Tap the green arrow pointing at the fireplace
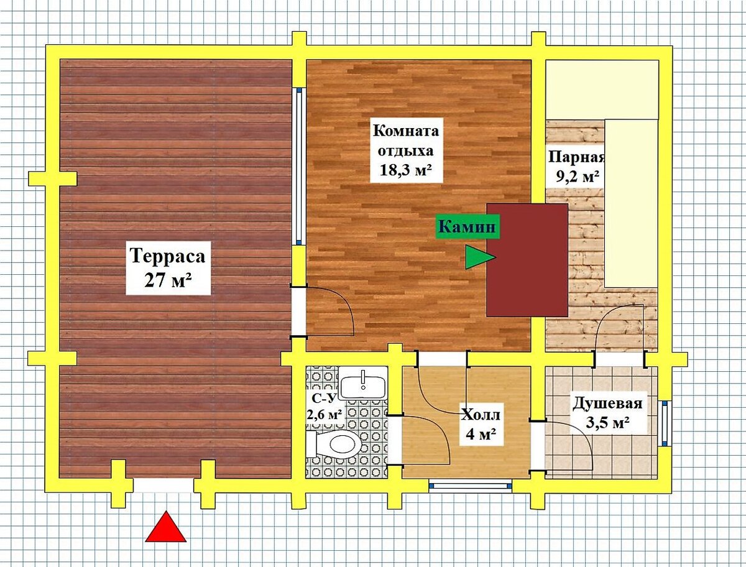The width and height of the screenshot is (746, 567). click(x=480, y=257)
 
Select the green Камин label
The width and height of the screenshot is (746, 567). click(x=467, y=227)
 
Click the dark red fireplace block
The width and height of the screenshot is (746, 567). click(x=527, y=260)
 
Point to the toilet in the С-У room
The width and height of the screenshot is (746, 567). click(x=334, y=444)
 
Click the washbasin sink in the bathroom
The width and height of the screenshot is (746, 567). click(x=363, y=382)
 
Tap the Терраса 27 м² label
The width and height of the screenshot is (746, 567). click(x=168, y=268)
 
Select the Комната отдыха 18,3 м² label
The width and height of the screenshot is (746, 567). click(x=406, y=150)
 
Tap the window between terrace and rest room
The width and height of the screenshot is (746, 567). click(x=299, y=167)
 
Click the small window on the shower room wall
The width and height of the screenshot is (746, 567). click(x=665, y=423)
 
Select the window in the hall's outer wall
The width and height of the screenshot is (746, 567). click(x=470, y=486)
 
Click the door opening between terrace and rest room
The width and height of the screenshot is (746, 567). click(x=299, y=312)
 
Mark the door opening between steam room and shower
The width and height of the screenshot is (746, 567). click(x=620, y=360)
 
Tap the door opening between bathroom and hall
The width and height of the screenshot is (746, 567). click(x=395, y=440)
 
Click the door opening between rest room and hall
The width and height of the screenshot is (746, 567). click(x=442, y=359)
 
